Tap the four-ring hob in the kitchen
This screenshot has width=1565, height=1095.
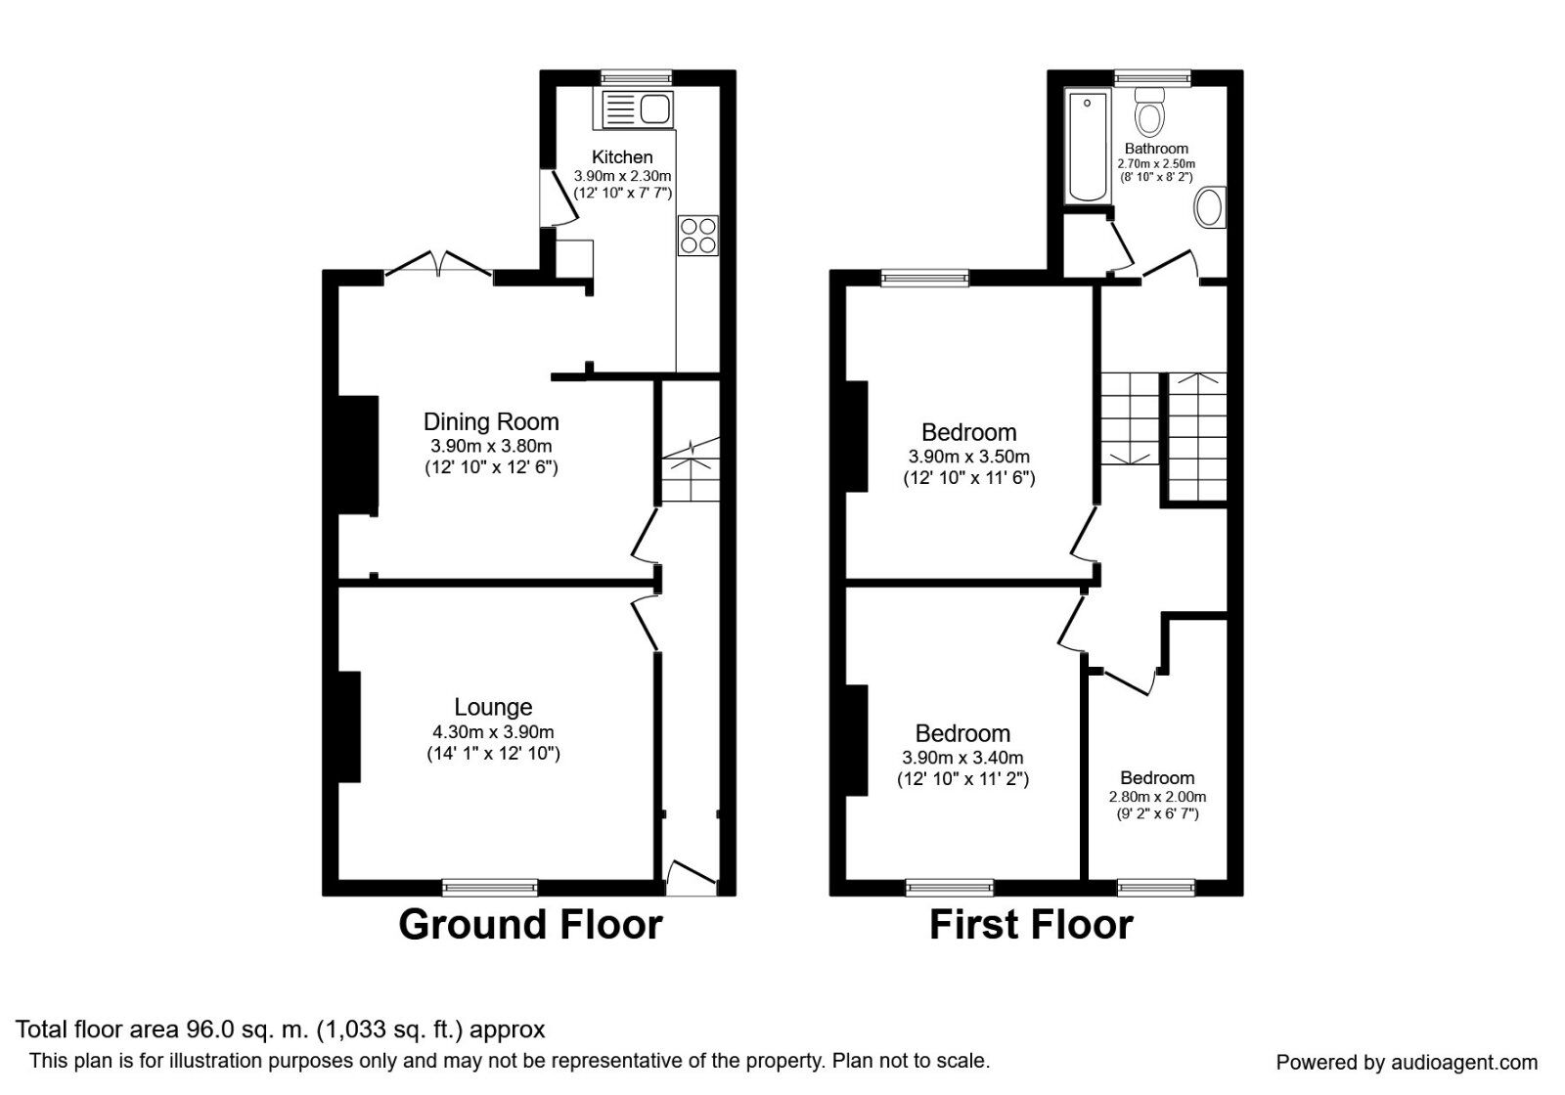click(697, 236)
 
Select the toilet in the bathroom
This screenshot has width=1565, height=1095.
click(1149, 114)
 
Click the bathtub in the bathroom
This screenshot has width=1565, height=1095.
click(1087, 147)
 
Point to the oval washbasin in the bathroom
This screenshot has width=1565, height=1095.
click(1210, 207)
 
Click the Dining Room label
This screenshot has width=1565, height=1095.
click(491, 421)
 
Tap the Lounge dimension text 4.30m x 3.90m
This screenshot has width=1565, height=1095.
click(493, 731)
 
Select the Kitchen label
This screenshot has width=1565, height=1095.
click(622, 156)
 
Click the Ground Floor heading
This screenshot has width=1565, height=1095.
click(530, 924)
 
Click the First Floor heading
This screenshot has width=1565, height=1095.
click(1031, 924)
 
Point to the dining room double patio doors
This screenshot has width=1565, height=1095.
click(438, 266)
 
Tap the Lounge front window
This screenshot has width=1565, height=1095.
click(489, 887)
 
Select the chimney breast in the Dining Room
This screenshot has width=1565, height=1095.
click(358, 455)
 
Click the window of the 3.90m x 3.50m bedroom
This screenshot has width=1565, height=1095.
click(924, 278)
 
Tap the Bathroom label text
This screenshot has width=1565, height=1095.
click(1156, 149)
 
